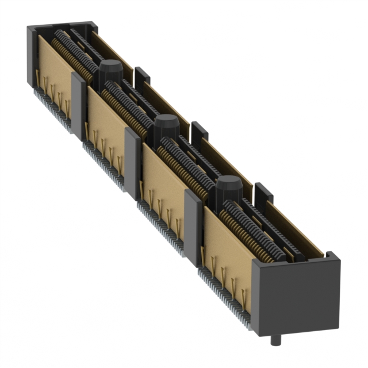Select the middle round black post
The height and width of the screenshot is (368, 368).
[x=166, y=124]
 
